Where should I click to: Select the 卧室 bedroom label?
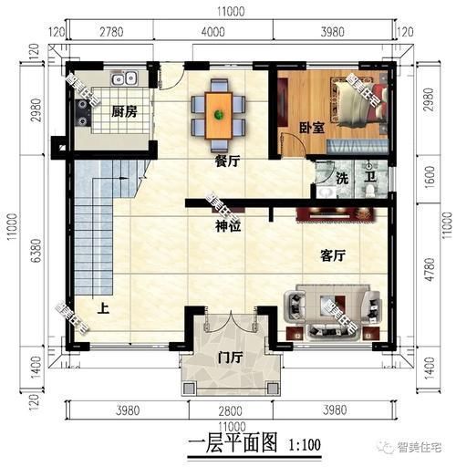[312, 129]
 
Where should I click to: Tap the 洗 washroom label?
[342, 177]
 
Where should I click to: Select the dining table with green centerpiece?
[219, 112]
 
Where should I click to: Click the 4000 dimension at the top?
[212, 34]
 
